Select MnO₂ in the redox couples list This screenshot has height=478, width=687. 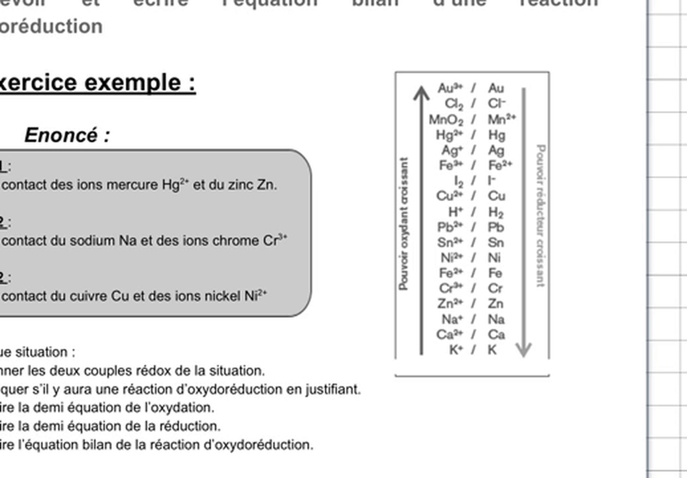pos(446,120)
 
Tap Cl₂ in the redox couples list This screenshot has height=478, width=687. pos(455,104)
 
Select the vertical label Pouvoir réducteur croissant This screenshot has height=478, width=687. pos(541,216)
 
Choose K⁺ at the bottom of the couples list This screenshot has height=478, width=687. pos(456,350)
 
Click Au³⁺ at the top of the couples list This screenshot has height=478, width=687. pos(451,88)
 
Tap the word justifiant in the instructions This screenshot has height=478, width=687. pos(337,389)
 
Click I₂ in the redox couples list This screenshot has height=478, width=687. pos(459,181)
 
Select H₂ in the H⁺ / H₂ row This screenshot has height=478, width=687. pos(495,212)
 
